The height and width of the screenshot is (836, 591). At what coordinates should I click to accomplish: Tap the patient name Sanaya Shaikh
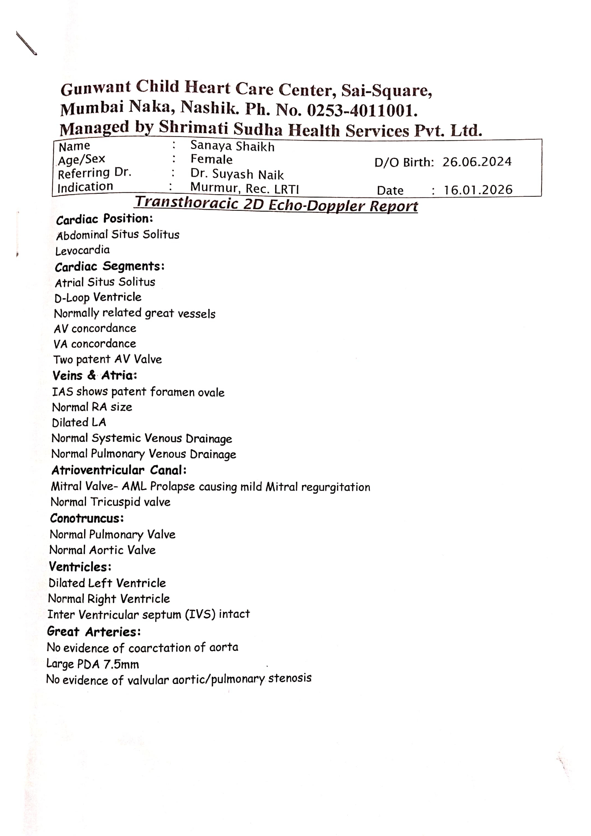point(232,146)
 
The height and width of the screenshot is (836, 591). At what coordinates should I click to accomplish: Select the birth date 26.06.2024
point(477,162)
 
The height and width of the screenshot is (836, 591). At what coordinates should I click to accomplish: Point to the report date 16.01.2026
point(478,190)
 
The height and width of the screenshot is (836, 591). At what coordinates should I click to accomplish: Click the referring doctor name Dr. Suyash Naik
point(237,174)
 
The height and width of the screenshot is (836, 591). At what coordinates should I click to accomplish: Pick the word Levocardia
point(82,250)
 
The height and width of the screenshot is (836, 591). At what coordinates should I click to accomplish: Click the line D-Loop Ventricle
point(98,298)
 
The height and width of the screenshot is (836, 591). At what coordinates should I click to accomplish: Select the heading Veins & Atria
point(95,375)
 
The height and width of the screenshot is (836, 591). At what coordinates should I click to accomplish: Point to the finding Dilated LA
point(79,423)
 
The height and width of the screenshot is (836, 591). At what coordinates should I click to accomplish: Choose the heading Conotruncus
point(87,518)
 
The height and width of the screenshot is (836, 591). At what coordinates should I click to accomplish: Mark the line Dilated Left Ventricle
point(107,583)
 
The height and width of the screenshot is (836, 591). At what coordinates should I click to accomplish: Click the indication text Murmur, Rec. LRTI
point(244,189)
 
